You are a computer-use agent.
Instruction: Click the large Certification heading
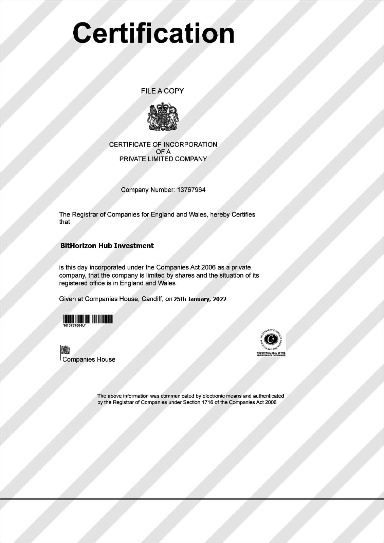[153, 33]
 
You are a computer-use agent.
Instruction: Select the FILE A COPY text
[162, 91]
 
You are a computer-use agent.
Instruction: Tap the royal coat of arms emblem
[163, 117]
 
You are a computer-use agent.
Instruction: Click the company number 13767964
[191, 190]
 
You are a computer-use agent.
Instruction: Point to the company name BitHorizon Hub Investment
[107, 246]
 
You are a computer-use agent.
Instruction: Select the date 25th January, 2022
[200, 299]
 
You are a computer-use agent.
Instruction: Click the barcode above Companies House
[88, 319]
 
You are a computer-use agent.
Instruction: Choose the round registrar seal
[271, 339]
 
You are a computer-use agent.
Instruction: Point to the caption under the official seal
[271, 354]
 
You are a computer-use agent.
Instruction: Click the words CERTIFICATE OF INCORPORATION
[163, 145]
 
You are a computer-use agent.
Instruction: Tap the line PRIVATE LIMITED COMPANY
[163, 159]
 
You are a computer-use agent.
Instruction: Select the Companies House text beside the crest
[89, 359]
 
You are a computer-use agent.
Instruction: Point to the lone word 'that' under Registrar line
[65, 222]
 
